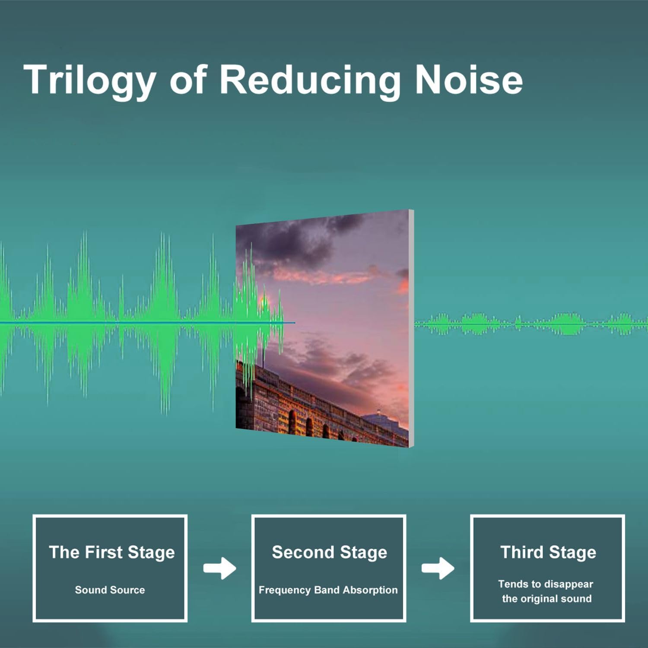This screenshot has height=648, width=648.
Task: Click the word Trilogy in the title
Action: point(89,81)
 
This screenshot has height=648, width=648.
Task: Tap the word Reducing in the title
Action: point(310,81)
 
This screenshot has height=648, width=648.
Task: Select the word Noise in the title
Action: point(469,79)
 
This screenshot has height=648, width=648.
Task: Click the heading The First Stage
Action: point(112,553)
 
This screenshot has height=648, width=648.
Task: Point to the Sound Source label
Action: point(110,590)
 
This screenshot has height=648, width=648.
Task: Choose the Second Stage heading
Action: point(329,553)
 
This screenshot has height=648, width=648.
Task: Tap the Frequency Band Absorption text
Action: point(328,590)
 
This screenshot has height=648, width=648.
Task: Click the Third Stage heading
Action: point(548,553)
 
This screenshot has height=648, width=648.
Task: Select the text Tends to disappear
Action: point(546,584)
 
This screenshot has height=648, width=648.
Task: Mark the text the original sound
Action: point(546,599)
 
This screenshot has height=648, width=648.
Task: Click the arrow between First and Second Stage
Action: point(220,568)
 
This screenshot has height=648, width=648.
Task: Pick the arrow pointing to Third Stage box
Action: point(438,568)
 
